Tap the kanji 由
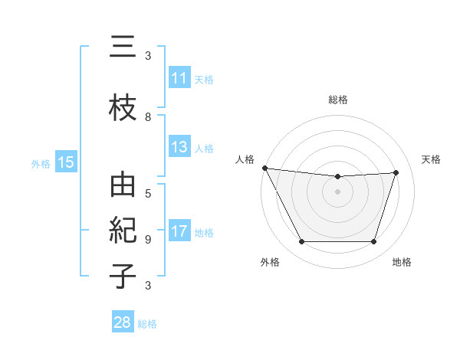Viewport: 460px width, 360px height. coord(121,187)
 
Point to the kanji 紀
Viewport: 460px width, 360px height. coord(121,231)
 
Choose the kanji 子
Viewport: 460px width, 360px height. coord(121,275)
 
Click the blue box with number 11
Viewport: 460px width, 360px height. coord(179,79)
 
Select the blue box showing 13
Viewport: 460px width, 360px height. coord(179,147)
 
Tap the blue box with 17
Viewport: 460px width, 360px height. coord(179,232)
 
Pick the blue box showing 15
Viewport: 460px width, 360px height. coord(65,162)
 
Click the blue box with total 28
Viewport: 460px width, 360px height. coord(122,322)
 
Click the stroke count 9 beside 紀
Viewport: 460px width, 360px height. coord(148,239)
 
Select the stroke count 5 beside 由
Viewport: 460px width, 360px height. coord(148,193)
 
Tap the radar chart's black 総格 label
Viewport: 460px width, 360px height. coord(337,100)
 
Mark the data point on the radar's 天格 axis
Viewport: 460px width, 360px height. coord(396,172)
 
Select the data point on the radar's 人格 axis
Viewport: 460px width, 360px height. coord(264,168)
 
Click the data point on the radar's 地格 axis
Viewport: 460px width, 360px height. coord(374,242)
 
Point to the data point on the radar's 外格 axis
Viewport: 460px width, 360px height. coord(301,242)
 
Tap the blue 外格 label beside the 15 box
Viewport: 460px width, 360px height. coord(41,163)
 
